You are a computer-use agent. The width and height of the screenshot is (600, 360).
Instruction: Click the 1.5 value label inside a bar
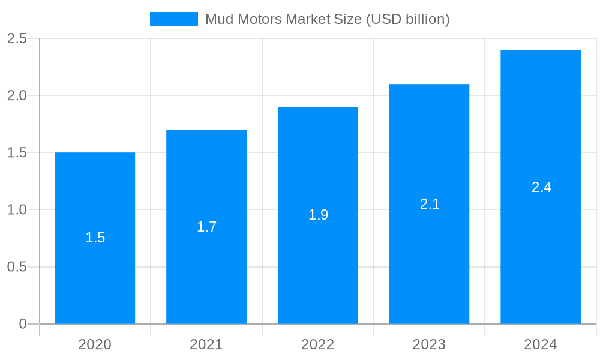(x=95, y=238)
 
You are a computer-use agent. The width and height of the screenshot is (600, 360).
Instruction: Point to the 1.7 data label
(x=206, y=227)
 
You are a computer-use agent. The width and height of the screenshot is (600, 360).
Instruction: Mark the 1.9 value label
(x=318, y=215)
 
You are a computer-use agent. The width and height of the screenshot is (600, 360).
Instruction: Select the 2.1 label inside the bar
(x=430, y=204)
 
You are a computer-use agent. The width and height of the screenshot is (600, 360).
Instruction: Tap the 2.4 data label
(x=541, y=187)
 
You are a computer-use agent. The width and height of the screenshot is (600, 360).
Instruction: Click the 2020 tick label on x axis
(x=95, y=344)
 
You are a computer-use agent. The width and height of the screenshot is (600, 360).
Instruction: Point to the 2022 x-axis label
(x=318, y=344)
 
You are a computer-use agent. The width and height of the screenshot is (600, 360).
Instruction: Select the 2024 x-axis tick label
(x=541, y=344)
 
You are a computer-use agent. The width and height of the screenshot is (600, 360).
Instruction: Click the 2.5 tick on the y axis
(x=17, y=38)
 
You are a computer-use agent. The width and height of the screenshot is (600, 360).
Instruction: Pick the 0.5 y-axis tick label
(x=17, y=267)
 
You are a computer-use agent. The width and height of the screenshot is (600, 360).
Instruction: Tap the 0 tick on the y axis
(x=23, y=324)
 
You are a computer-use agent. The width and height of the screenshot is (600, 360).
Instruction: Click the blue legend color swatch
(x=174, y=19)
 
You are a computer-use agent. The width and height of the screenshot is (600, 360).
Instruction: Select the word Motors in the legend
(x=260, y=19)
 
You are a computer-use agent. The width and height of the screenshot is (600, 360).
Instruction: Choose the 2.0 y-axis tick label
(x=17, y=95)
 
